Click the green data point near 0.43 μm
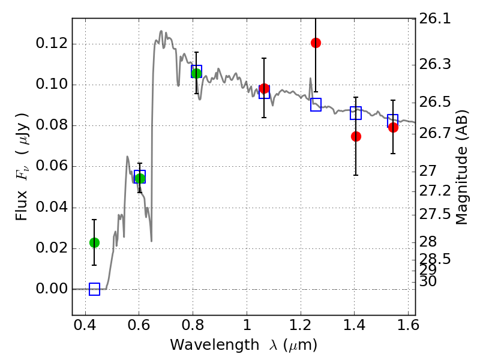(x=94, y=242)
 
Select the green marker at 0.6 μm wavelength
(x=140, y=178)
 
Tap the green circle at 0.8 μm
(x=196, y=73)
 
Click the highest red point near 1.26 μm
(x=316, y=43)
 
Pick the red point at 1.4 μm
(x=356, y=136)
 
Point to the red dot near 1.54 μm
(x=393, y=127)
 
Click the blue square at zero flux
(x=94, y=289)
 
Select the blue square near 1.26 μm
(x=316, y=105)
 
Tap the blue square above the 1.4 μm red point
(x=356, y=113)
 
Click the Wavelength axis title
(x=243, y=345)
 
